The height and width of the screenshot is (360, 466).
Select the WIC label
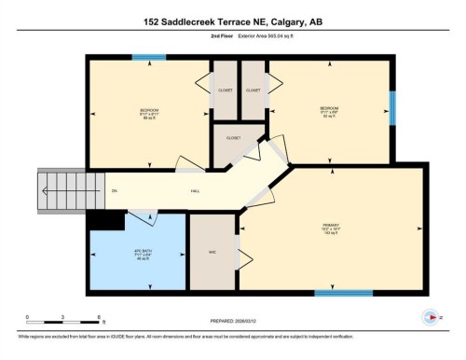coord(212,253)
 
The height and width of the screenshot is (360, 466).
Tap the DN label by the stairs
coord(115,191)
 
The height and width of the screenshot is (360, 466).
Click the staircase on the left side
coord(62,190)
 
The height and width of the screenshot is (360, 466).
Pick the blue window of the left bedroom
coord(143,57)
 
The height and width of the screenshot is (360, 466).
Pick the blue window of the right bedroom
coord(392,104)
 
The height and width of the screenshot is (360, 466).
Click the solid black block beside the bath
coord(104,220)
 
